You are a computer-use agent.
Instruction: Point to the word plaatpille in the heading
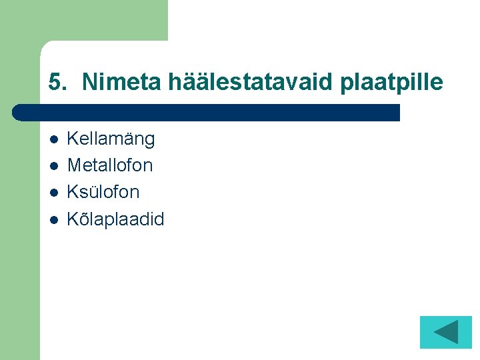pyautogui.click(x=391, y=83)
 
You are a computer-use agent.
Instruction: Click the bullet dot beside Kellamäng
pyautogui.click(x=53, y=139)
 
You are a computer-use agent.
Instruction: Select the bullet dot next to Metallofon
pyautogui.click(x=53, y=165)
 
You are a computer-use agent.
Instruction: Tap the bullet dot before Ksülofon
pyautogui.click(x=53, y=193)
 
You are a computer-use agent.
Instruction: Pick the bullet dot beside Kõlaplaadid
pyautogui.click(x=53, y=219)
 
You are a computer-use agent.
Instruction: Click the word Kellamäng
pyautogui.click(x=111, y=139)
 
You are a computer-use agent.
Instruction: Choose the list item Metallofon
pyautogui.click(x=110, y=165)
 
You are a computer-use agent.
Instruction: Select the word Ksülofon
pyautogui.click(x=103, y=193)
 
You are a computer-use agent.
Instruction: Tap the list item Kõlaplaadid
pyautogui.click(x=115, y=219)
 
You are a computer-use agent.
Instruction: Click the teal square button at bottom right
pyautogui.click(x=445, y=332)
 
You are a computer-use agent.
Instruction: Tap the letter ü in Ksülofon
pyautogui.click(x=91, y=193)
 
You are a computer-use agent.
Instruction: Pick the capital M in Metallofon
pyautogui.click(x=75, y=165)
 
